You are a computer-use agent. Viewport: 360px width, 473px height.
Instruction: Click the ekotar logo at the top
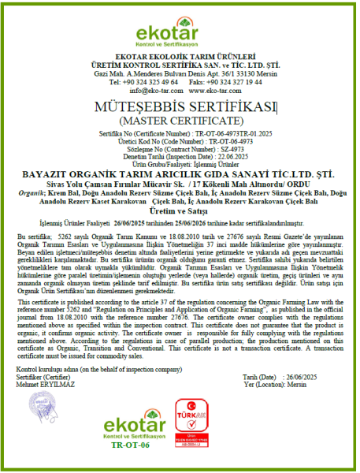click(180, 32)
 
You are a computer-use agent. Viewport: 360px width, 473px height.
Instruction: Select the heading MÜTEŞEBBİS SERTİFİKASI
click(179, 106)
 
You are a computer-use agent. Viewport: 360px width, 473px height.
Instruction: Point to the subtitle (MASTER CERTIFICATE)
click(180, 121)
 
